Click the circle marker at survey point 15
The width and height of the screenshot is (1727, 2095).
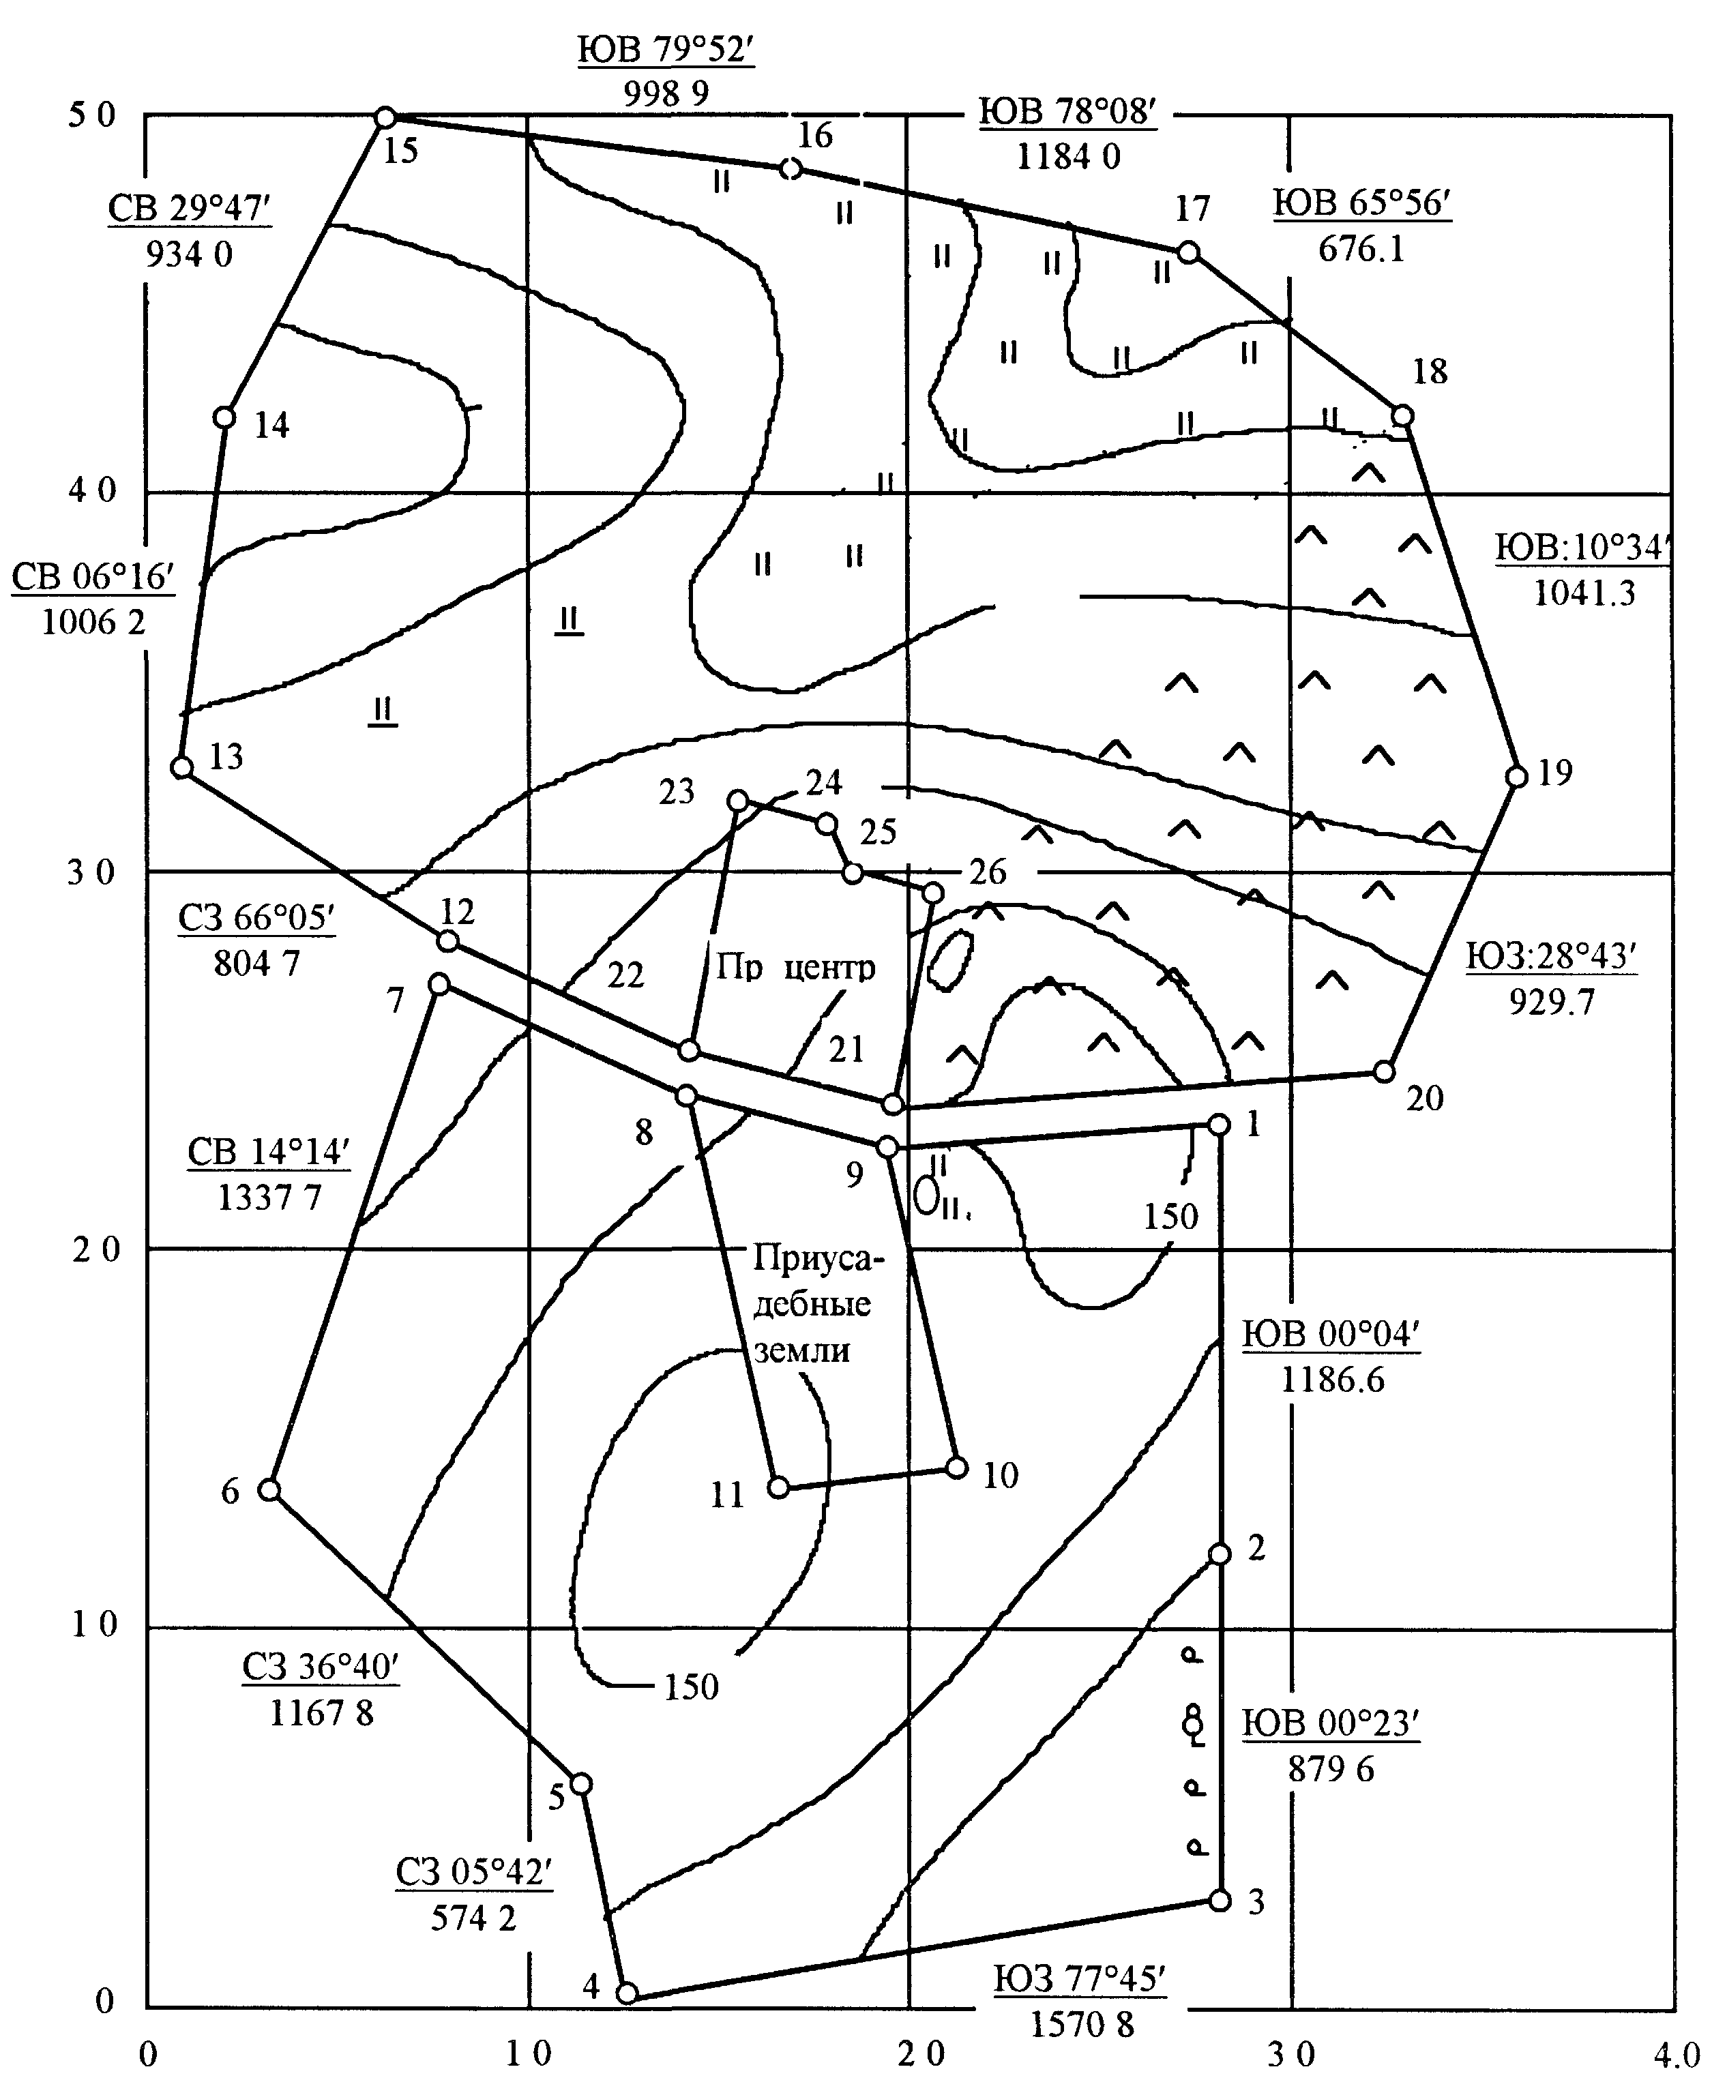click(385, 117)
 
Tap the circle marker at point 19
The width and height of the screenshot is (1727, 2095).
click(1516, 776)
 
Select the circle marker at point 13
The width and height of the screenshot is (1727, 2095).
click(181, 767)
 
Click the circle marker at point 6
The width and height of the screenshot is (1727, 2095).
click(269, 1489)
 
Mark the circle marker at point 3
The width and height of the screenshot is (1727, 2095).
click(1220, 1900)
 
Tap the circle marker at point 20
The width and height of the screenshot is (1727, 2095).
click(1384, 1071)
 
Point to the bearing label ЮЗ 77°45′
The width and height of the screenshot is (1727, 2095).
click(1079, 1978)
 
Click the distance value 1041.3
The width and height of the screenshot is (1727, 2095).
click(1584, 593)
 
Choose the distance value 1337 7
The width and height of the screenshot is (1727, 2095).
click(269, 1197)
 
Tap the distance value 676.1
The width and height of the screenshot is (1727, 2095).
click(1362, 249)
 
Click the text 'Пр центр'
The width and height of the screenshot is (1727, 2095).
click(795, 967)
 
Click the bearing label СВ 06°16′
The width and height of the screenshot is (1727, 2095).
click(93, 577)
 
